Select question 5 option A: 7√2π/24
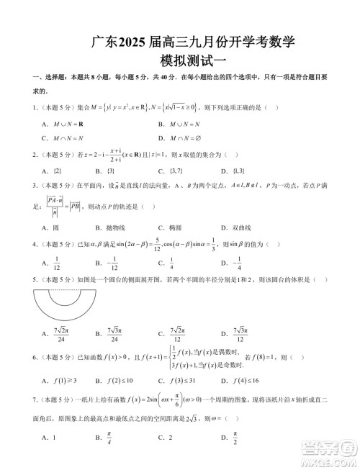[61, 336]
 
